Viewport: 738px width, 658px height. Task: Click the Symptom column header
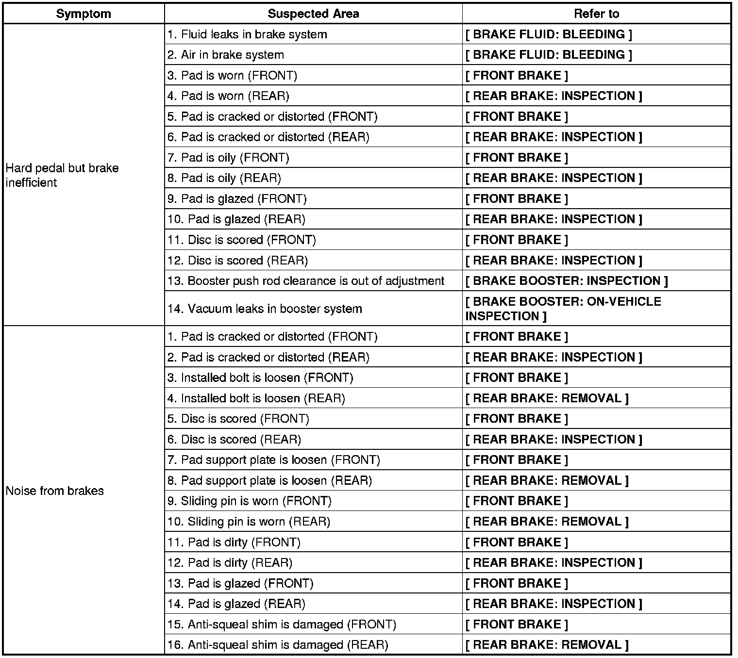[84, 14]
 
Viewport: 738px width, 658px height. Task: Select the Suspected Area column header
[313, 14]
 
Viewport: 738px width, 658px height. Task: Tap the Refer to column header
[596, 14]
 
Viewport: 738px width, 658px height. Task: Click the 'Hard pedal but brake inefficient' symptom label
[62, 175]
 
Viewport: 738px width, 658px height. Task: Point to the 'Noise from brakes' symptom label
[55, 491]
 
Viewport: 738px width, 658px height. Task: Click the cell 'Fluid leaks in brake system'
[248, 34]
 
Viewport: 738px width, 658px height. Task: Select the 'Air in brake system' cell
[226, 55]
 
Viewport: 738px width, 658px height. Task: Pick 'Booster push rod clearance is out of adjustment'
[306, 281]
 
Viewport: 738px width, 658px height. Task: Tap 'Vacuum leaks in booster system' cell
[265, 309]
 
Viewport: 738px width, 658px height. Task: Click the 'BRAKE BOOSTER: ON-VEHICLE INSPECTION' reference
[563, 309]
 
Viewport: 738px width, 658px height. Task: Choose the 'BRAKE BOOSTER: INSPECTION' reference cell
[567, 281]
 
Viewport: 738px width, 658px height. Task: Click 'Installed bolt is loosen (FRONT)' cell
[261, 378]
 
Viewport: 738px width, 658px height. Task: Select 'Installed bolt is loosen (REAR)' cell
[256, 398]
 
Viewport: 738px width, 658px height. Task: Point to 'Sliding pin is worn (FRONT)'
[250, 501]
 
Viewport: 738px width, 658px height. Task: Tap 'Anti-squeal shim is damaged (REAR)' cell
[278, 645]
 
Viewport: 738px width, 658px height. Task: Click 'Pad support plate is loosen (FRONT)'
[274, 460]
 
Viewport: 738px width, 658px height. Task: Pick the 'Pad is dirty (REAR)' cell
[230, 563]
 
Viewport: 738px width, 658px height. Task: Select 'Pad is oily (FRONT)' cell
[229, 158]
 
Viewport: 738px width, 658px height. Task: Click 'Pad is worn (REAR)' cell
[229, 96]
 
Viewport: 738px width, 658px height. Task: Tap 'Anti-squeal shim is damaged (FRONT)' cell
[282, 625]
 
